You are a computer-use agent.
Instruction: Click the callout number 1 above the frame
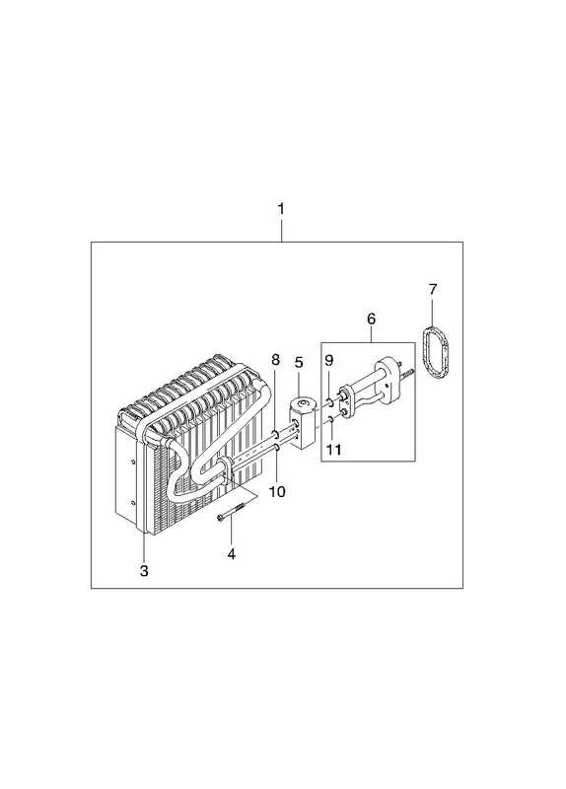(281, 209)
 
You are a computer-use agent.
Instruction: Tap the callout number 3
(144, 571)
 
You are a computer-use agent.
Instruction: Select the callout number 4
(232, 554)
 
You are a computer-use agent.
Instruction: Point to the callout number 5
(299, 362)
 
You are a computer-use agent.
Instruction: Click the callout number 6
(372, 319)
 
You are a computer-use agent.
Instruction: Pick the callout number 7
(433, 289)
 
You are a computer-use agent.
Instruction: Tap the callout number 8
(275, 360)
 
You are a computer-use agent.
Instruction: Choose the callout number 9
(329, 360)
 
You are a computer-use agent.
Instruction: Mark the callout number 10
(277, 491)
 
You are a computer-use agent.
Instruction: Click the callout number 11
(333, 449)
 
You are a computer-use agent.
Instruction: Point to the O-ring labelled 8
(275, 434)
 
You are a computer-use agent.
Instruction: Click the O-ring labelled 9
(328, 401)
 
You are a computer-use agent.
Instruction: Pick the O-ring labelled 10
(277, 448)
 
